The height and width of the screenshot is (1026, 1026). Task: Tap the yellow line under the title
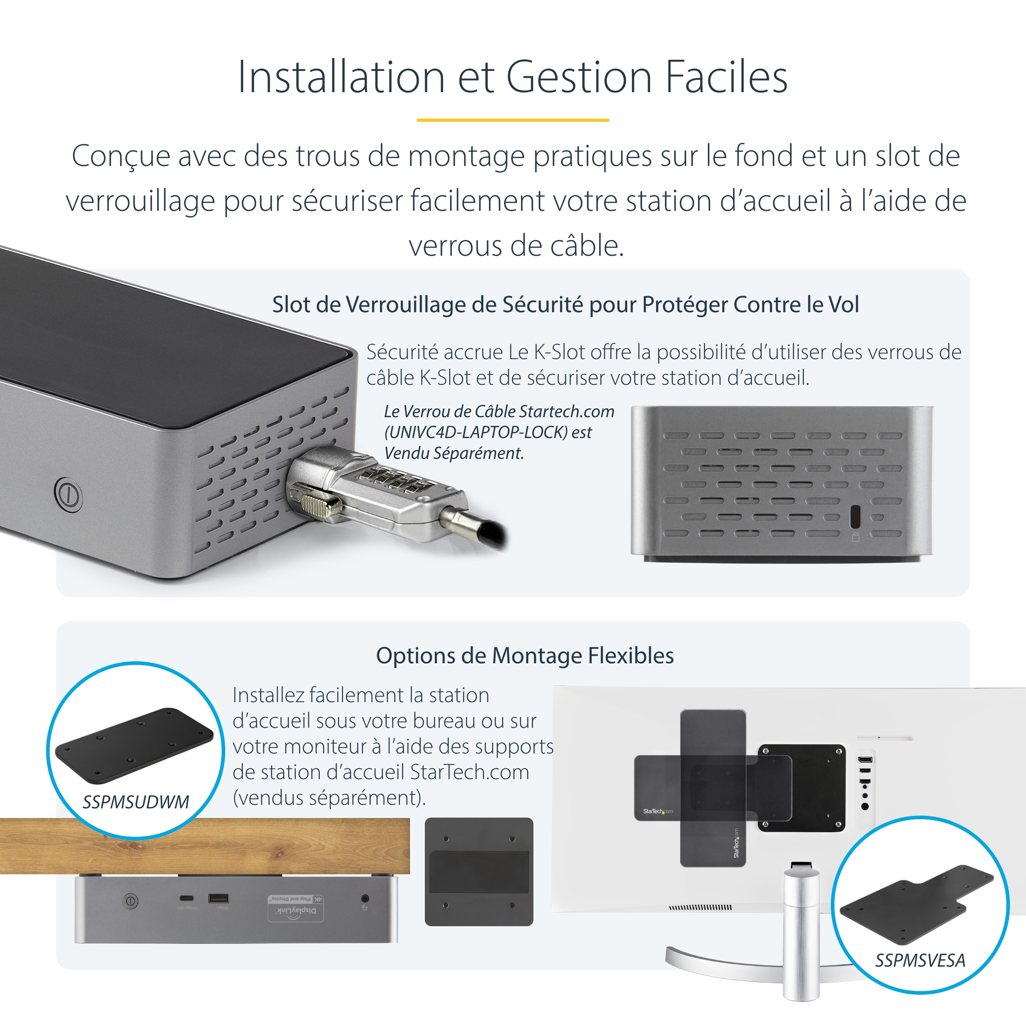(x=513, y=120)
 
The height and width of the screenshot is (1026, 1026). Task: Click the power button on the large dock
(x=68, y=495)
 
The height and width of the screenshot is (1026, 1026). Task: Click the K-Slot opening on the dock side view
(x=855, y=516)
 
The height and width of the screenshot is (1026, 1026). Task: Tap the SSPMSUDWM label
(x=135, y=802)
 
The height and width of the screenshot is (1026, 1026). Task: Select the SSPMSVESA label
(x=920, y=960)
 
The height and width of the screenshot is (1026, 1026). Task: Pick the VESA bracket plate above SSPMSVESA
(x=916, y=903)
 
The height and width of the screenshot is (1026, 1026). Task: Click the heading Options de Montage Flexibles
(x=525, y=656)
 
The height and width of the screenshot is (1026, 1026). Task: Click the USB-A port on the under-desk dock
(x=218, y=899)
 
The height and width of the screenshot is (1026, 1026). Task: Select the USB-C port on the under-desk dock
(x=186, y=899)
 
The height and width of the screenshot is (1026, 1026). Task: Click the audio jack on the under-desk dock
(x=365, y=899)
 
